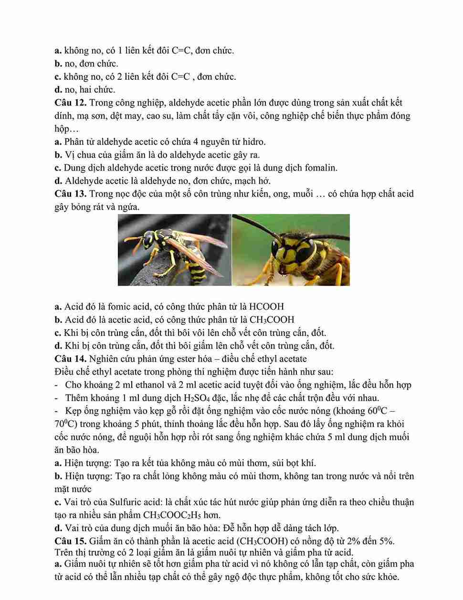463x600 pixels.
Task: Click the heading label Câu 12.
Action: tap(70, 103)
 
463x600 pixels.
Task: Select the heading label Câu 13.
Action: tap(70, 194)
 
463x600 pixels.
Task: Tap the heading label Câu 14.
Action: tap(70, 359)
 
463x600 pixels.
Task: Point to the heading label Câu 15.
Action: tap(70, 541)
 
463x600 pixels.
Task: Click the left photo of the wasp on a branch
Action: tap(174, 250)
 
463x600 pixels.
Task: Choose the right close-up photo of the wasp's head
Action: tap(291, 250)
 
